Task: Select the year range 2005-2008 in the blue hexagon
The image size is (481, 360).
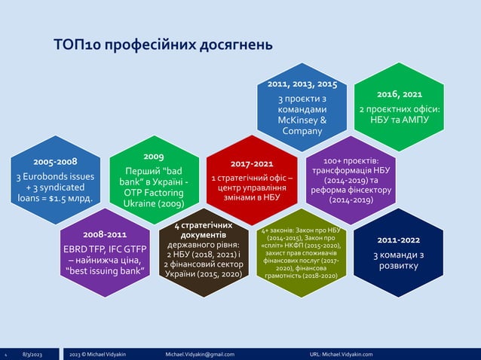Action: pyautogui.click(x=55, y=161)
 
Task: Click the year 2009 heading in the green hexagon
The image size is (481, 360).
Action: pyautogui.click(x=154, y=155)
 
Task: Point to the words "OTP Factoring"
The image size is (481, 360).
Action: pyautogui.click(x=154, y=192)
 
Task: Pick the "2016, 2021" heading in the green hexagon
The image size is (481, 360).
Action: pyautogui.click(x=399, y=95)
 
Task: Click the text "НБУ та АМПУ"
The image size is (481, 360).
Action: pyautogui.click(x=399, y=120)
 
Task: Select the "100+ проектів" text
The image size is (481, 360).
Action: pyautogui.click(x=350, y=160)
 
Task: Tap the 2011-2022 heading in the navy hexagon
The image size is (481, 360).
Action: pyautogui.click(x=399, y=239)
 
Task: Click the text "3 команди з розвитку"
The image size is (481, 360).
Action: pyautogui.click(x=399, y=261)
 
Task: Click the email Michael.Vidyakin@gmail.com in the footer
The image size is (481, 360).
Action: pyautogui.click(x=200, y=354)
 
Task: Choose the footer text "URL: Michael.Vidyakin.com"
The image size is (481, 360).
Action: pyautogui.click(x=346, y=354)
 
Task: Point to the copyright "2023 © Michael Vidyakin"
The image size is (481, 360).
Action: pyautogui.click(x=102, y=354)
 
